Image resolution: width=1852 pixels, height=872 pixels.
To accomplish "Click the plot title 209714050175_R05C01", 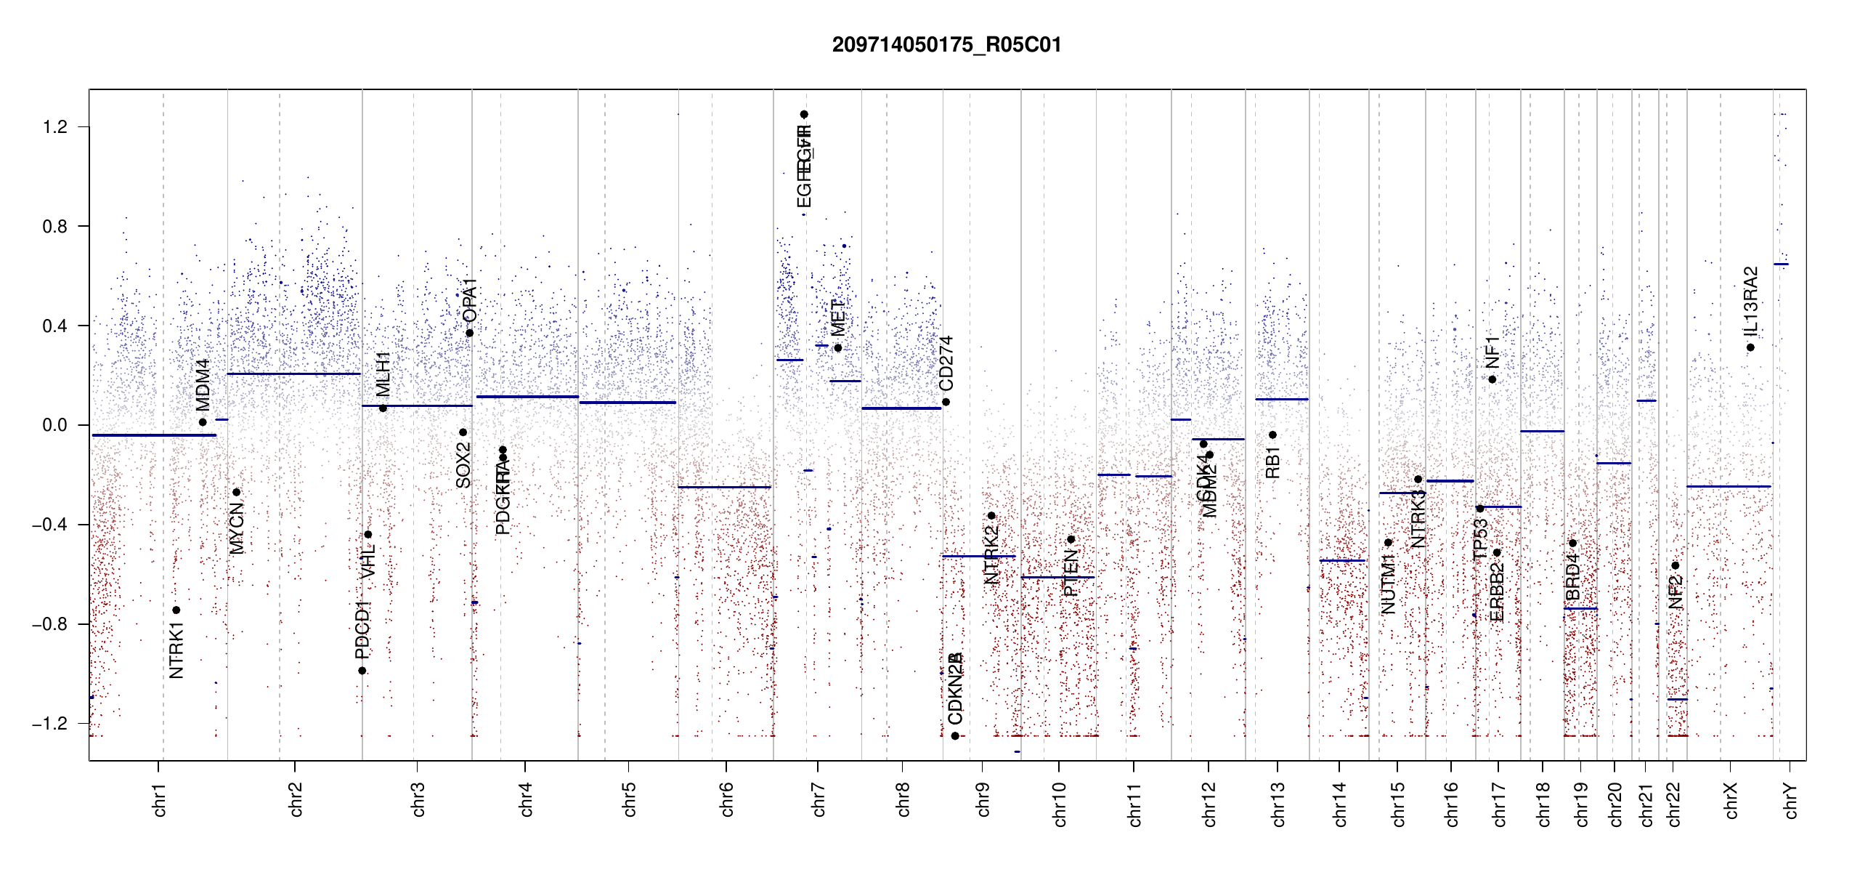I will (946, 45).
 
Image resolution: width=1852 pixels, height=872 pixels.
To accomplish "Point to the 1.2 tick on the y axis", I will (55, 127).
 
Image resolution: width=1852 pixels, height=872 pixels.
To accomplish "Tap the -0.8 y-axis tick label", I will (51, 624).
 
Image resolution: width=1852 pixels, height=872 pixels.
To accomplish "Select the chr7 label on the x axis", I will (819, 799).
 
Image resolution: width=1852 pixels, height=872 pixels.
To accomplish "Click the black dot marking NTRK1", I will (176, 610).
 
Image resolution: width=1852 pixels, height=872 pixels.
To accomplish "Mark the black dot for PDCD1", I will (362, 671).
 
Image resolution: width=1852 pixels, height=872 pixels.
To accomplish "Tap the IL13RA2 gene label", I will (1751, 302).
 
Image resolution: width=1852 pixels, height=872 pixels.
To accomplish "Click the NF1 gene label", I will (1492, 352).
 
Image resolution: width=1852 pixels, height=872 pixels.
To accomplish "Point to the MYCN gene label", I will (237, 528).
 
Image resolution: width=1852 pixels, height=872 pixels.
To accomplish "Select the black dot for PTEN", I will (1071, 539).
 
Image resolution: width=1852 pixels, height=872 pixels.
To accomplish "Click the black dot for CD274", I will (946, 402).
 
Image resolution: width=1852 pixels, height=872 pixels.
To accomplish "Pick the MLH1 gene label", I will (383, 374).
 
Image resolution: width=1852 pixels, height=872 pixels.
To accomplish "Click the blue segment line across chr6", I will (724, 487).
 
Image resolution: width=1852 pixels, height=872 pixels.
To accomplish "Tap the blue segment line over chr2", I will (293, 374).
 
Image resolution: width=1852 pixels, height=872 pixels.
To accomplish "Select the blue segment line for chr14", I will (1342, 560).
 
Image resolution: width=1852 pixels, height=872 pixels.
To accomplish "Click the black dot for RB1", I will (1272, 435).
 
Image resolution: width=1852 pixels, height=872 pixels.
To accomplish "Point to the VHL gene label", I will (369, 562).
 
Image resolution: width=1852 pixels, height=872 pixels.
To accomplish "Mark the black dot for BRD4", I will (1572, 543).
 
